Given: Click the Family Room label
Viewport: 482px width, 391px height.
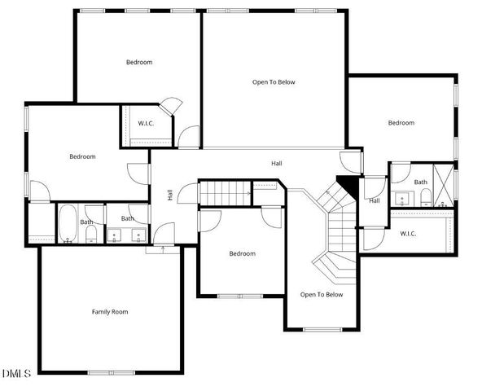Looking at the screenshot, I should click(x=109, y=312).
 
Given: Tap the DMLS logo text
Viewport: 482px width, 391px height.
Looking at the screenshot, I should click(x=16, y=374).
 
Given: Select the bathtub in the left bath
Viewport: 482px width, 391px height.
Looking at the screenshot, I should click(x=67, y=223).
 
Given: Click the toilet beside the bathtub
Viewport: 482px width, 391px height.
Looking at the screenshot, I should click(x=90, y=235).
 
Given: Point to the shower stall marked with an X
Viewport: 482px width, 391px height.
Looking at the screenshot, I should click(x=445, y=186).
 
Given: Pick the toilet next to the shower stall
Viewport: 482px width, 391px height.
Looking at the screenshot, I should click(x=425, y=199).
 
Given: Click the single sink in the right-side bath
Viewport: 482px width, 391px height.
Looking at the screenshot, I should click(x=401, y=198).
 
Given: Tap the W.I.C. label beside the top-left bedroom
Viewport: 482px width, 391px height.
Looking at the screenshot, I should click(x=147, y=123).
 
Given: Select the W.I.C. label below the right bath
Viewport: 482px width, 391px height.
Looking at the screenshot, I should click(x=409, y=234).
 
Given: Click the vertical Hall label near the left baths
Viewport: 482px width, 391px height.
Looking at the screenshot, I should click(x=170, y=195).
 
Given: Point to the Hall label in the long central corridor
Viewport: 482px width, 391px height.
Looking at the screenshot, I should click(x=277, y=164).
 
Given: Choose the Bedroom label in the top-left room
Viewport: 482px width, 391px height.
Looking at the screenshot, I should click(x=139, y=62).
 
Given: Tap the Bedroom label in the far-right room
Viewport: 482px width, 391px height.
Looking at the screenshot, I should click(x=401, y=123).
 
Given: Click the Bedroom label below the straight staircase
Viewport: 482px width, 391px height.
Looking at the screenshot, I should click(x=242, y=253).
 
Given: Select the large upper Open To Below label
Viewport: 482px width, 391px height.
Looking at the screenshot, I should click(x=273, y=81).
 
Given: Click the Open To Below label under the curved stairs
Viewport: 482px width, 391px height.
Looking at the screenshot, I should click(x=322, y=295).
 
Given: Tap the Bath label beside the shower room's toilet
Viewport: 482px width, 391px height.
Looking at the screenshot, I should click(x=421, y=182).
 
